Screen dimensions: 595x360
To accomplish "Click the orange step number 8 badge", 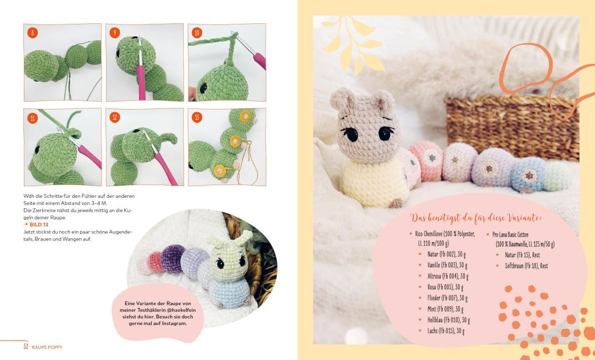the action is click(32, 33).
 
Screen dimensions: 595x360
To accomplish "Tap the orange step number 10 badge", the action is click(197, 33).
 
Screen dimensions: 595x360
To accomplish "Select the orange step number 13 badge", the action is click(197, 117).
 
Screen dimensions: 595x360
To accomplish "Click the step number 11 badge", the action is click(32, 118).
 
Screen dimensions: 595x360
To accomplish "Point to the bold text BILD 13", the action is click(39, 224).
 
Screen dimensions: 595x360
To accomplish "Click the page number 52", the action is click(26, 346).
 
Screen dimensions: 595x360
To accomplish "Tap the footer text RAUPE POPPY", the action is click(47, 347).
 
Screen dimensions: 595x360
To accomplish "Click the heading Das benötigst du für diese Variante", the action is click(476, 218).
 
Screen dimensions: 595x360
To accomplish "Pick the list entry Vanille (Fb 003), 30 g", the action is click(447, 265).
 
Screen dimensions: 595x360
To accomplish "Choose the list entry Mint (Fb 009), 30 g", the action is click(446, 309).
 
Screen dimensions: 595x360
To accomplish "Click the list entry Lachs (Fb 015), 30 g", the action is click(446, 331).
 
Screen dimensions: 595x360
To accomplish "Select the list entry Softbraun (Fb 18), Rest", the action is click(526, 266).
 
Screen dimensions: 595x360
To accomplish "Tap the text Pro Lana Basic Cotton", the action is click(511, 234).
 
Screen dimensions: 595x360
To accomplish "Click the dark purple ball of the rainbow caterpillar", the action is click(173, 258).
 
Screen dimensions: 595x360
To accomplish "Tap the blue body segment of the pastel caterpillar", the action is click(528, 174).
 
